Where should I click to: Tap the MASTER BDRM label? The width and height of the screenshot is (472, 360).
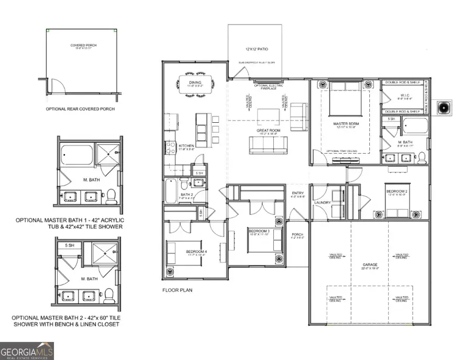click(345, 124)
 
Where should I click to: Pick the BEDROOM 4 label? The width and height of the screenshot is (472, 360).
click(197, 252)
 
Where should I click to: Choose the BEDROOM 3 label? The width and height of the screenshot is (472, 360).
click(259, 231)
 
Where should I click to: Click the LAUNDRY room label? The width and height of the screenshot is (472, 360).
click(321, 202)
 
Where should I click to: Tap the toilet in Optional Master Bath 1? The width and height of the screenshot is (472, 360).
click(111, 197)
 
